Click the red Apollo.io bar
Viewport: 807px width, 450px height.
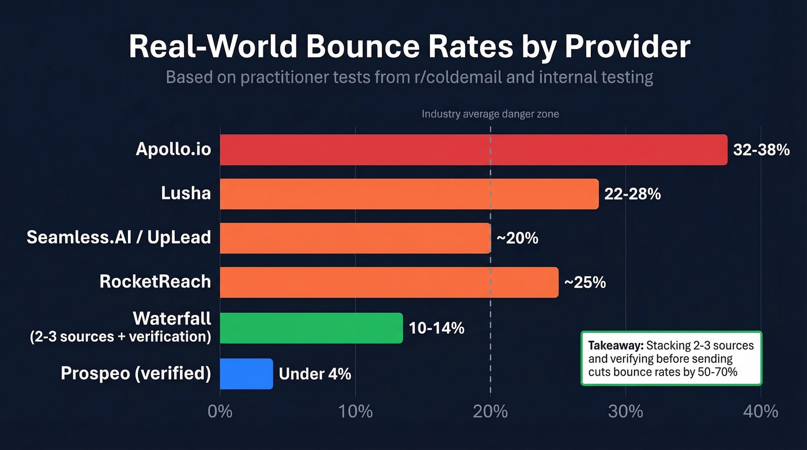473,150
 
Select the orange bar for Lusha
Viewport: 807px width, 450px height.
409,194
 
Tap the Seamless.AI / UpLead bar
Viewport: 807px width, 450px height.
355,238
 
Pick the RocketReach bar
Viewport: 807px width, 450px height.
389,282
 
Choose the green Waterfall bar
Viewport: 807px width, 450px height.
311,328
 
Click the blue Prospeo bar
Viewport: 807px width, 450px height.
246,373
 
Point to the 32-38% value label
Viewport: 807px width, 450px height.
761,150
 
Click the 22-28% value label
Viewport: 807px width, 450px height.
632,194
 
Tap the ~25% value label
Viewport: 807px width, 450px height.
584,282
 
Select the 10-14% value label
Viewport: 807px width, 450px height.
436,328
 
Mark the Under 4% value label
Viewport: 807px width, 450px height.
315,373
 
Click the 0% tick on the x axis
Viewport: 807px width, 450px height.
220,411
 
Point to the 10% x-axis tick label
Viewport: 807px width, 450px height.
355,411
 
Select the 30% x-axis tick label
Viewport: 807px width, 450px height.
625,411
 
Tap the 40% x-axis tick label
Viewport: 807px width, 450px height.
761,411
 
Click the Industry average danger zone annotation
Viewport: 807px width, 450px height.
490,114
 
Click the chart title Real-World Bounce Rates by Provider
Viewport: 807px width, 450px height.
409,47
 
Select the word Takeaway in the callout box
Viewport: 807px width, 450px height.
615,346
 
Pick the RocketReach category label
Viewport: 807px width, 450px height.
155,282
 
